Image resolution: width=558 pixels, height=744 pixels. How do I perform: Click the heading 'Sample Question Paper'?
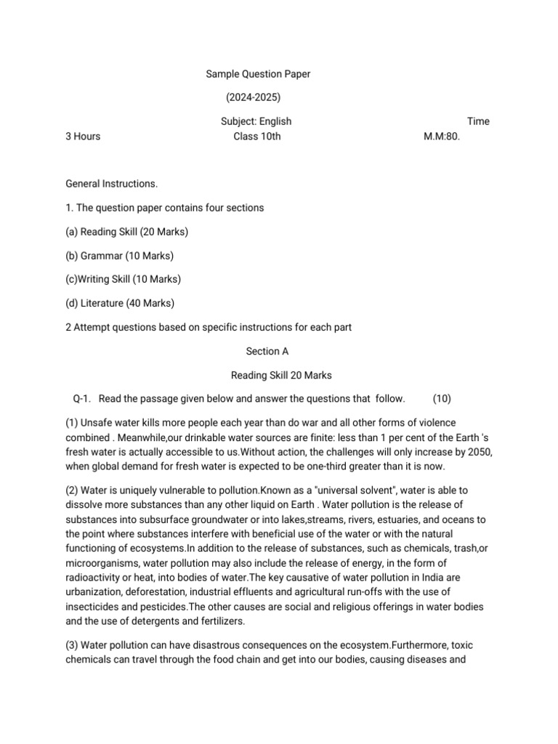[x=258, y=73]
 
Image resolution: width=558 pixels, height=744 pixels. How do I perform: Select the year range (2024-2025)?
[x=253, y=97]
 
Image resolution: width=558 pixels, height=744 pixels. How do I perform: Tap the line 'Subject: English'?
[x=256, y=121]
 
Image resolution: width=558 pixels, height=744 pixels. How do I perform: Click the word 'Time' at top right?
[x=478, y=121]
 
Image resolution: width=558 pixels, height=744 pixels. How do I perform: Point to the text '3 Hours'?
[x=83, y=136]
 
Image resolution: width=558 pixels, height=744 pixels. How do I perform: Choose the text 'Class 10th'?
[x=256, y=136]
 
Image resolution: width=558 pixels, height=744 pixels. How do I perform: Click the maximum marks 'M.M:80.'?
[x=442, y=136]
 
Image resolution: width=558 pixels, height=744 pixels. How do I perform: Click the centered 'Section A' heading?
[x=267, y=351]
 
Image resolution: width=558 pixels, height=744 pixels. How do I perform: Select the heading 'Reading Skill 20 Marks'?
[x=281, y=375]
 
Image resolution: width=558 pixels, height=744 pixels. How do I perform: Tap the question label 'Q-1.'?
[x=82, y=398]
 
